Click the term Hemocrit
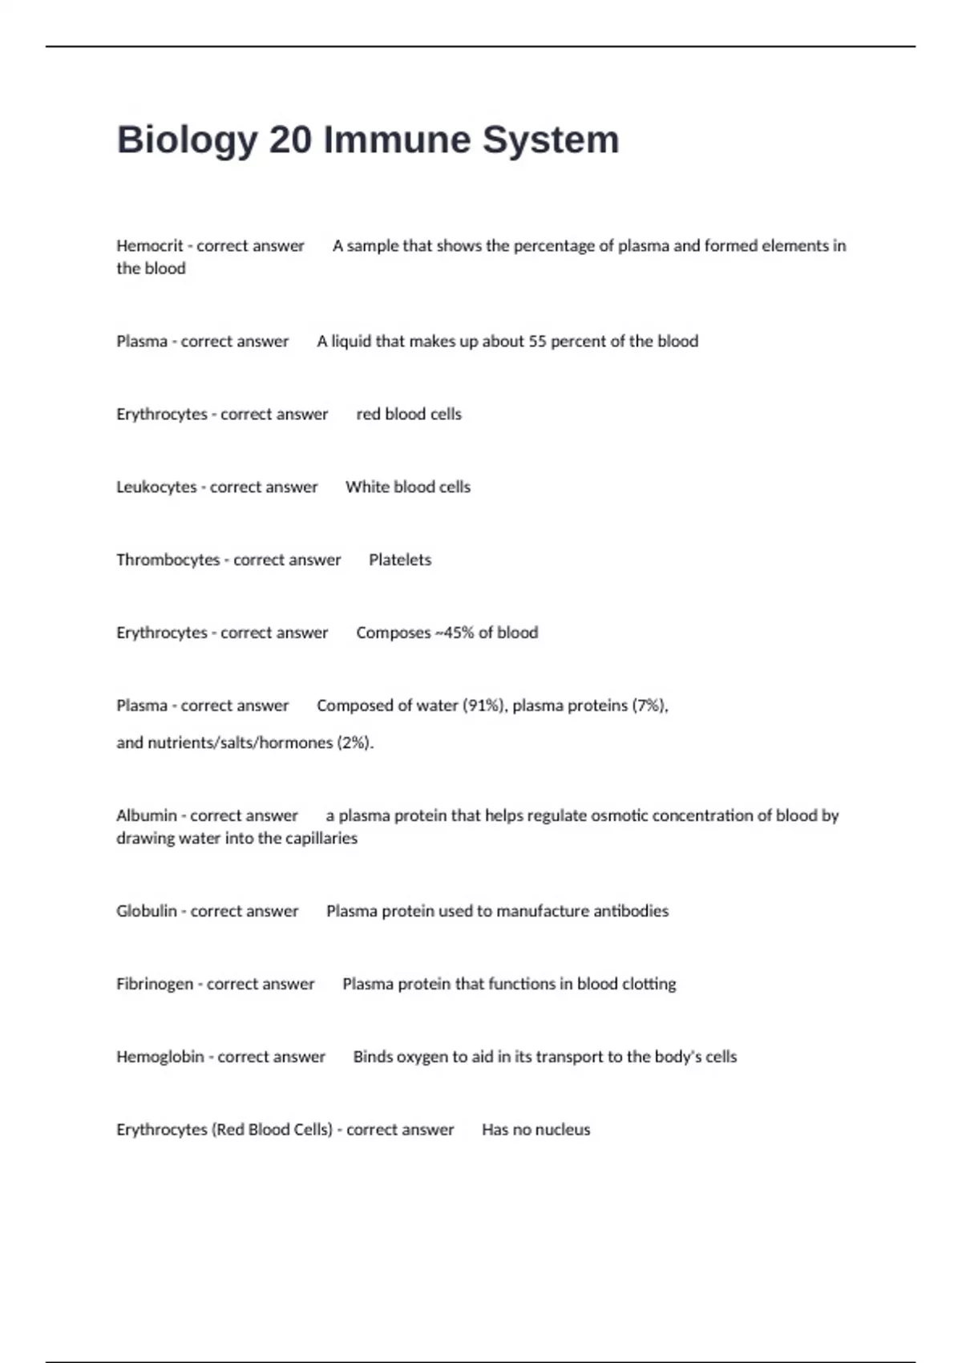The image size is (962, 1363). coord(149,246)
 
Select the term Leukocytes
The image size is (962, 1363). coord(156,487)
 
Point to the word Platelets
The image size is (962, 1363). coord(400,560)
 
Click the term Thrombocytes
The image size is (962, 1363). coord(168,560)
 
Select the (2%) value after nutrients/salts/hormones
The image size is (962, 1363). coord(355,743)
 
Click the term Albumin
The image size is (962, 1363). coord(146,816)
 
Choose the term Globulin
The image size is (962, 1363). coord(147,912)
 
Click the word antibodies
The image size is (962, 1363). coord(630,912)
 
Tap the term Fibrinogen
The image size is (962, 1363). coord(155,985)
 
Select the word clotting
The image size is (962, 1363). coord(649,985)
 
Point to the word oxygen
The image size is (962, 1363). coord(439,1058)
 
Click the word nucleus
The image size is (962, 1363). coord(563,1130)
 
